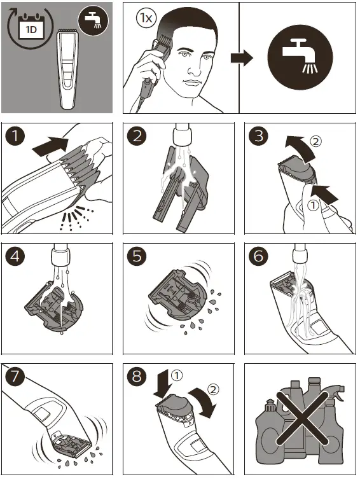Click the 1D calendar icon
pos(30,27)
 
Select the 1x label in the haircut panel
pos(146,18)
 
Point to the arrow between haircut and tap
pos(241,58)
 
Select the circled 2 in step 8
pos(214,387)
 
